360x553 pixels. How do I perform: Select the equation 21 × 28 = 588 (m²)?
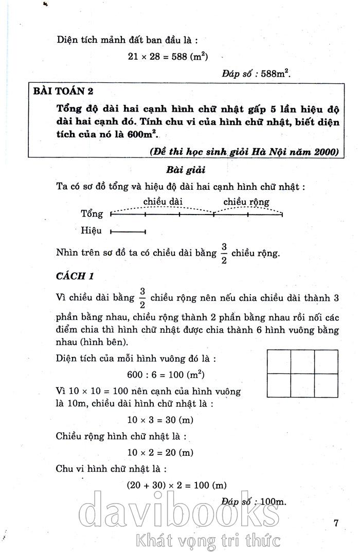[168, 56]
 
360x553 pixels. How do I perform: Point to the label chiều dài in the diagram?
[163, 201]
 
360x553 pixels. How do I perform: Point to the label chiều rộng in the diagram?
[246, 201]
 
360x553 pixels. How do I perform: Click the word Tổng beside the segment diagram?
[92, 213]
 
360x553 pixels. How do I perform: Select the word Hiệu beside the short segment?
[92, 231]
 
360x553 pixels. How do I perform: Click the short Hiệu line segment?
[129, 231]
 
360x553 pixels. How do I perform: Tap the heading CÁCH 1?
[75, 276]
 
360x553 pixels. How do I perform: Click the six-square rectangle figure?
[302, 373]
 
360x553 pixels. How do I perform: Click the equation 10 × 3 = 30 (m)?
[160, 420]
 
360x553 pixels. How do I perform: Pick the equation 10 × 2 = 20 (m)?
[160, 453]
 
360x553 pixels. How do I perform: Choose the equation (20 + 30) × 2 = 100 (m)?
[177, 485]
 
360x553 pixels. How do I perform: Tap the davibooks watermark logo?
[181, 512]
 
